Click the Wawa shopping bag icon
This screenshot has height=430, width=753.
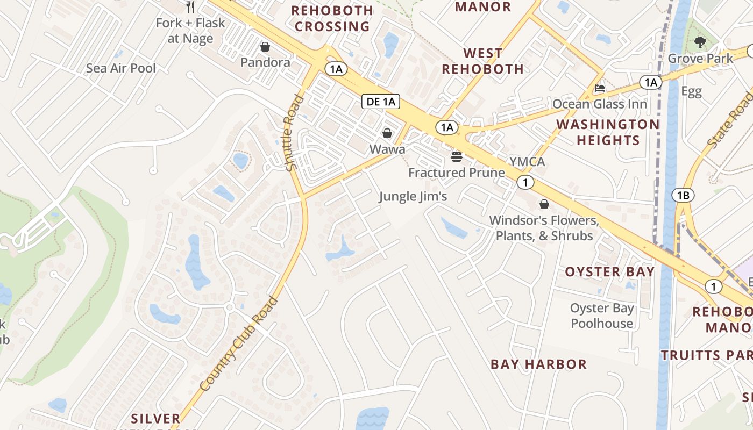pyautogui.click(x=387, y=133)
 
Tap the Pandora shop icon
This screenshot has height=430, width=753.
pyautogui.click(x=265, y=47)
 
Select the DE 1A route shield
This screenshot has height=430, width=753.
pyautogui.click(x=381, y=102)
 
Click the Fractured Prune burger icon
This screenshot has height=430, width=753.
pyautogui.click(x=457, y=157)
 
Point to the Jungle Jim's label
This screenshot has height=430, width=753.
pyautogui.click(x=413, y=197)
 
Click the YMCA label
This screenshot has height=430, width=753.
pyautogui.click(x=527, y=162)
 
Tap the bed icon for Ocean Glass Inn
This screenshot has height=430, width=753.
pyautogui.click(x=600, y=88)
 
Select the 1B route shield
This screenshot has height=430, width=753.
pyautogui.click(x=683, y=195)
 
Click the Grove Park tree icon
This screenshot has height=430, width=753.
pyautogui.click(x=700, y=42)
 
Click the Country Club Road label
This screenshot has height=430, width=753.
pyautogui.click(x=239, y=344)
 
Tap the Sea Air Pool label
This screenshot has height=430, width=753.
pyautogui.click(x=121, y=68)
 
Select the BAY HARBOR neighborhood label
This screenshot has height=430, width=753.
pyautogui.click(x=538, y=364)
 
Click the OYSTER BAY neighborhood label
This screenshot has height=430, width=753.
pyautogui.click(x=609, y=272)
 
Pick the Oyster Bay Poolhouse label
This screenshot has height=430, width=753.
pyautogui.click(x=602, y=316)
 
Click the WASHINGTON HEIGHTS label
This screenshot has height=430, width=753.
pyautogui.click(x=608, y=132)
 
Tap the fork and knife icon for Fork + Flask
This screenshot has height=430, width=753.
pyautogui.click(x=190, y=7)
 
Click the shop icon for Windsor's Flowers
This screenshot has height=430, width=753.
pyautogui.click(x=544, y=205)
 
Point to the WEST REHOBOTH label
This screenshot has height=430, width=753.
pyautogui.click(x=482, y=61)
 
